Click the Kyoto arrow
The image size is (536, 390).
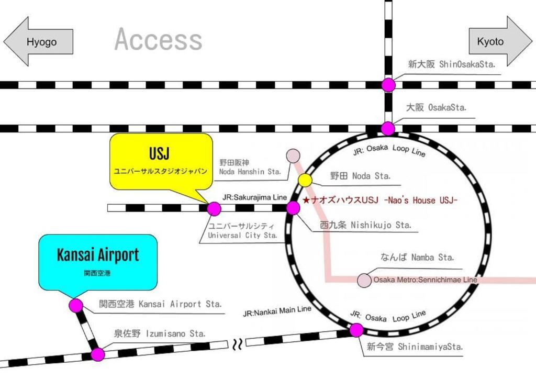pyautogui.click(x=500, y=41)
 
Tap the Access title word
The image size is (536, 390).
pyautogui.click(x=158, y=39)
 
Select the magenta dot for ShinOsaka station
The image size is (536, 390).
pyautogui.click(x=388, y=85)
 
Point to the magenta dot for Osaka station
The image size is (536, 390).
pyautogui.click(x=388, y=129)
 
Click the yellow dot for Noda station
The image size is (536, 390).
pyautogui.click(x=305, y=180)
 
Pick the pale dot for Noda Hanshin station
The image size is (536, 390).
pyautogui.click(x=293, y=155)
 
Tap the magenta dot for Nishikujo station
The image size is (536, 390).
pyautogui.click(x=293, y=208)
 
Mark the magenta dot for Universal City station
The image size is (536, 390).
pyautogui.click(x=214, y=208)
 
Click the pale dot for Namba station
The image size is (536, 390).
pyautogui.click(x=364, y=280)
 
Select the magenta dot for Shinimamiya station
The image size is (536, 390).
pyautogui.click(x=356, y=330)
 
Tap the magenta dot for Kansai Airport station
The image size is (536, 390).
pyautogui.click(x=76, y=305)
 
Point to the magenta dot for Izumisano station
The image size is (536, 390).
pyautogui.click(x=98, y=354)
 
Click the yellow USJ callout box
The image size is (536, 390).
pyautogui.click(x=161, y=161)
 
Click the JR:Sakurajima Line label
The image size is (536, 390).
pyautogui.click(x=255, y=197)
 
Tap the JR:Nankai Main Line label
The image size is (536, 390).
pyautogui.click(x=277, y=311)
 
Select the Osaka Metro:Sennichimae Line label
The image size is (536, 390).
pyautogui.click(x=425, y=280)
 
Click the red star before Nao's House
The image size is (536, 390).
pyautogui.click(x=306, y=200)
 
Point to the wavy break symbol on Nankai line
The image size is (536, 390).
pyautogui.click(x=237, y=344)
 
